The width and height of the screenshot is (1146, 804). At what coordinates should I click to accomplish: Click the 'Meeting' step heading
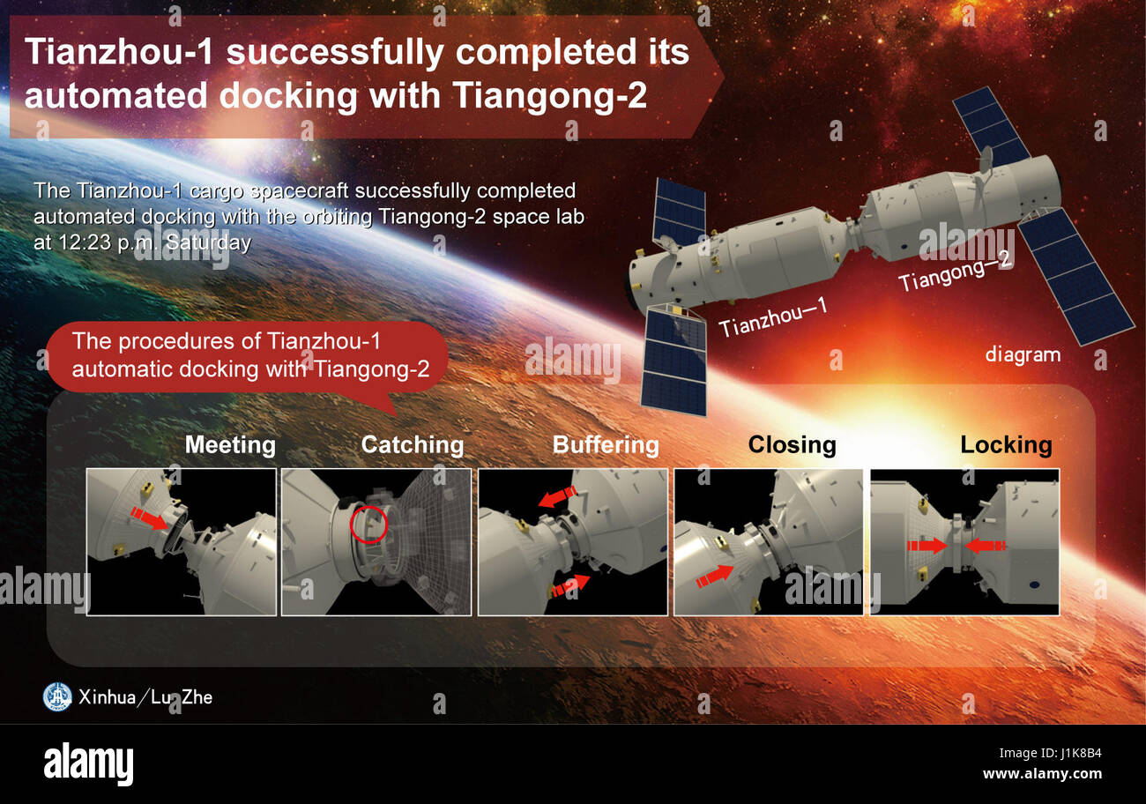[230, 444]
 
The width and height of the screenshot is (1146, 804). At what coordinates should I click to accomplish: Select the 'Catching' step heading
[413, 444]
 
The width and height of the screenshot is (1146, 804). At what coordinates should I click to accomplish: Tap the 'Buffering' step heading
[606, 444]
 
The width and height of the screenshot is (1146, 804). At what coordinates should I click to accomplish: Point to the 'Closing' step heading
[792, 444]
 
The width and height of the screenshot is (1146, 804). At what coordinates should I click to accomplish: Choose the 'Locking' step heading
[1006, 444]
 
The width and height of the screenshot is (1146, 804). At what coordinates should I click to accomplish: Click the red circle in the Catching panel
[369, 524]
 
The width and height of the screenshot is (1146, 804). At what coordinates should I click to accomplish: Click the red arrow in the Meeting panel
[149, 517]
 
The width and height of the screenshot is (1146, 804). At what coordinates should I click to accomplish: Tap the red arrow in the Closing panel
[714, 577]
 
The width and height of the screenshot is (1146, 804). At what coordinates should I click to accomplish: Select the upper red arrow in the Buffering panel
[557, 496]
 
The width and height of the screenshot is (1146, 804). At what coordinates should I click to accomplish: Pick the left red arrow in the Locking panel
[926, 547]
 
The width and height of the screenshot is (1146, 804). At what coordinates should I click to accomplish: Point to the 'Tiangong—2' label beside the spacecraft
[956, 269]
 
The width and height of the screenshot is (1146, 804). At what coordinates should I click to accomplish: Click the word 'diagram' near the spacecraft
[1023, 354]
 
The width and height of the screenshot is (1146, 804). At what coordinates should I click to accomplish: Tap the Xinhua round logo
[57, 696]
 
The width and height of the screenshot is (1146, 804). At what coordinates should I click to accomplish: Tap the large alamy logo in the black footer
[88, 763]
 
